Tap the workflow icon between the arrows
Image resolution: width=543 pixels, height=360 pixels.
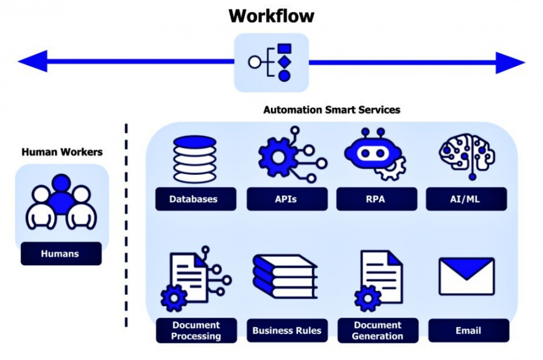coord(271,62)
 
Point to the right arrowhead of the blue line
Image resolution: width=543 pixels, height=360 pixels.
coord(510,62)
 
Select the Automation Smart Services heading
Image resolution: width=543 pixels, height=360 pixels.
coord(331,110)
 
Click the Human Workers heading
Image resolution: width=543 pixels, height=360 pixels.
coord(62,152)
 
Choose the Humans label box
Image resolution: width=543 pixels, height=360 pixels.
coord(61,254)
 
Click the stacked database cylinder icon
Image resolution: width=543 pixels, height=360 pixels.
coord(194,159)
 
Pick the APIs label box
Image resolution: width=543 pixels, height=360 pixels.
coord(286,199)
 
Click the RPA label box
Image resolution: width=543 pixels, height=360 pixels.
coord(376,199)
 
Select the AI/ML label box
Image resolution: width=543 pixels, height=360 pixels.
coord(466,199)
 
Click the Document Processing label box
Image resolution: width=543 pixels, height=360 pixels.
coord(196,331)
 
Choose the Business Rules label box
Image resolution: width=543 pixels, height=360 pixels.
coord(287,331)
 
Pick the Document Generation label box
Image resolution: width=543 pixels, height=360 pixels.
coord(377,331)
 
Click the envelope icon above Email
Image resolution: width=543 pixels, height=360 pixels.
coord(467,276)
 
